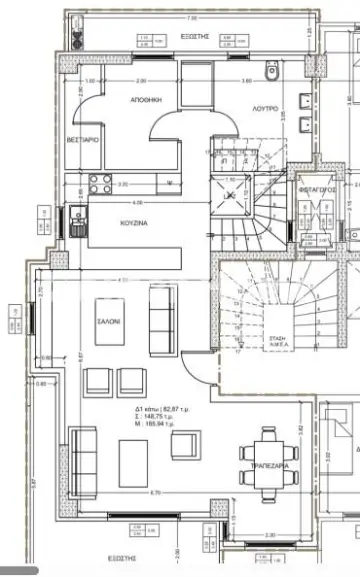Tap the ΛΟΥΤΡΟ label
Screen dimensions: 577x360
click(x=265, y=105)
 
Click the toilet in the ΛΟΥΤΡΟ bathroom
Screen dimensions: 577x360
click(x=270, y=72)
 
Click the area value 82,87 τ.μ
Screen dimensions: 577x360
click(x=160, y=410)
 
